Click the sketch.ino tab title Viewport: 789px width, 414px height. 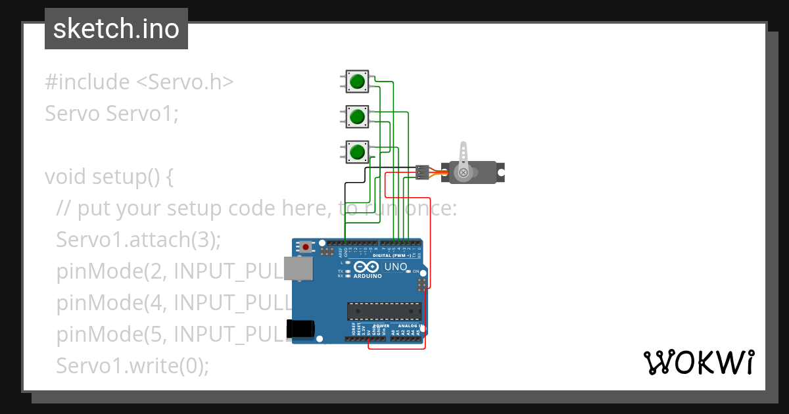tap(116, 29)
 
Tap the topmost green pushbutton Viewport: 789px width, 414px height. tap(357, 81)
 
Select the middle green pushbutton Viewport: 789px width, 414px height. tap(357, 117)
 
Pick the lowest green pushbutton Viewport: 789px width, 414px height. tap(357, 152)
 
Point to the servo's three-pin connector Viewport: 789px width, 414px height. tap(422, 172)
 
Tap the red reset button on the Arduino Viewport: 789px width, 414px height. tap(306, 247)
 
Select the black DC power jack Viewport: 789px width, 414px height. tap(302, 328)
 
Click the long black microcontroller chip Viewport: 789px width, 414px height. tap(384, 310)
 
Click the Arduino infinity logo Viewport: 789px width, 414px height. tap(367, 267)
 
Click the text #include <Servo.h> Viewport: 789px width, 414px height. tap(139, 82)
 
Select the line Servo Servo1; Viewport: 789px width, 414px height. tap(112, 114)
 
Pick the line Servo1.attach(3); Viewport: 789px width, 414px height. tap(139, 240)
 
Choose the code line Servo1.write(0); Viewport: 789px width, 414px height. tap(133, 365)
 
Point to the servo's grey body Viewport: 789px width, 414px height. tap(483, 173)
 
